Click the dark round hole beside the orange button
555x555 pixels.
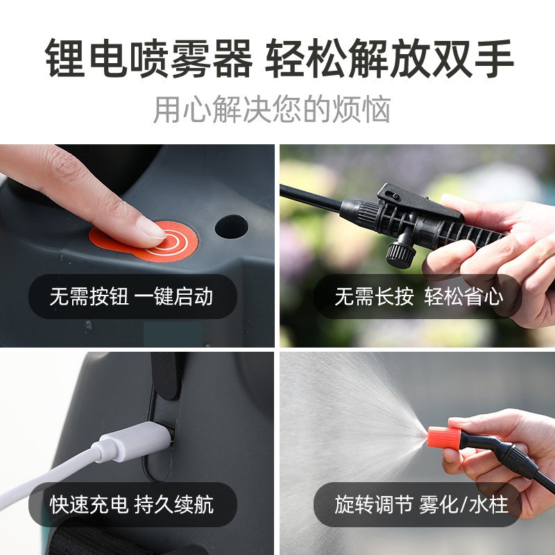tap(231, 228)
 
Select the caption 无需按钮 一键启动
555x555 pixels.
tap(131, 297)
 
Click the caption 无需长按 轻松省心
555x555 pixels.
tap(418, 297)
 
